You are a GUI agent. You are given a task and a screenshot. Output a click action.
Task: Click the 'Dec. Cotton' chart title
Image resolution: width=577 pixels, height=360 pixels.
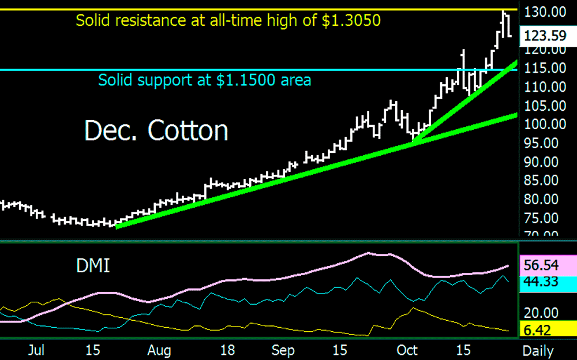click(156, 131)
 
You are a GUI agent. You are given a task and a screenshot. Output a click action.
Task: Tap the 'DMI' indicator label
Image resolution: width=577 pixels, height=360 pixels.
click(93, 266)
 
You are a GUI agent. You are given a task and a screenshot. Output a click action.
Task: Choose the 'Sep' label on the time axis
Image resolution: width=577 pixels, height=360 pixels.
click(283, 350)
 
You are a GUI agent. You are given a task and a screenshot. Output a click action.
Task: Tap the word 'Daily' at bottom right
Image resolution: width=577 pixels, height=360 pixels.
click(538, 350)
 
